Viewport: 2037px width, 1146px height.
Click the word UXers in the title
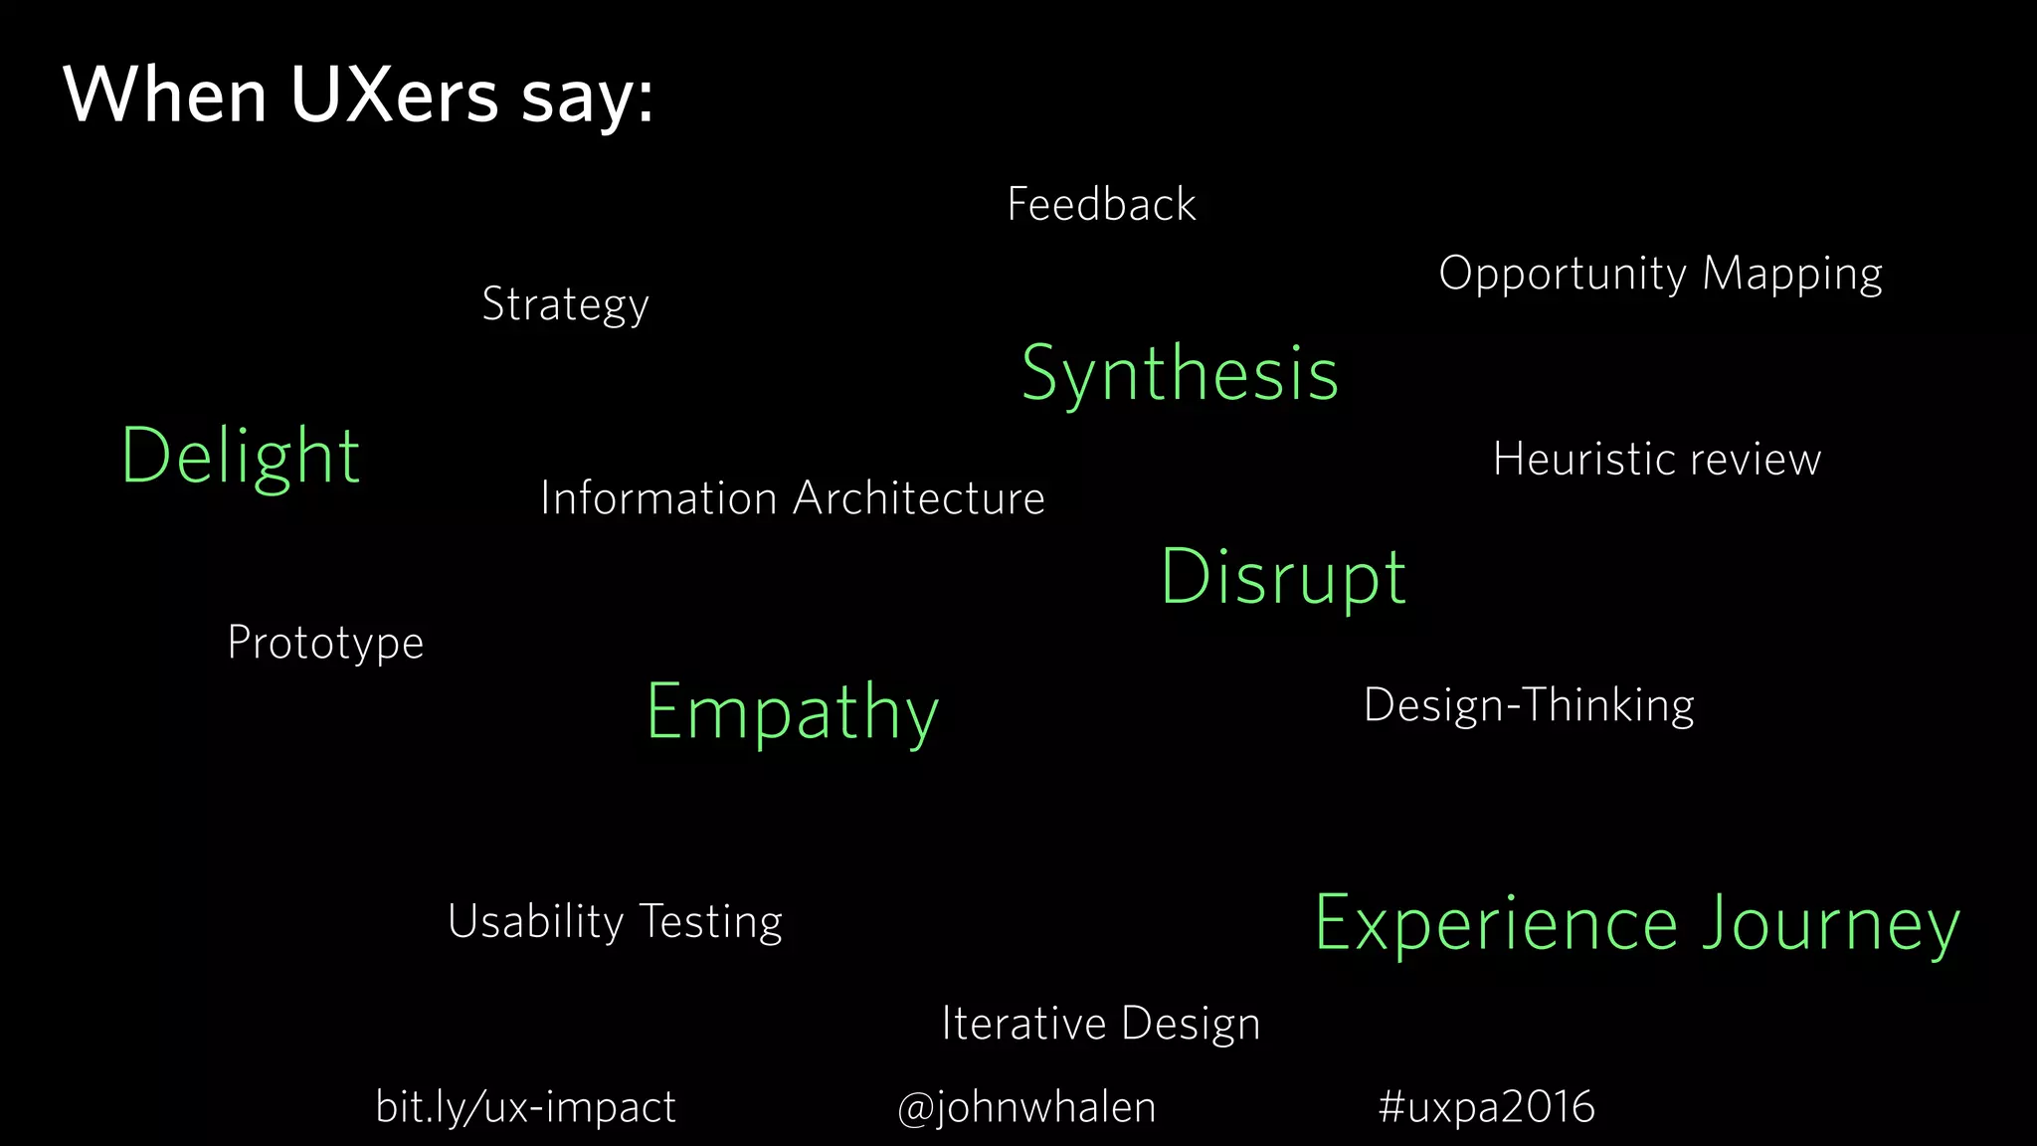coord(394,96)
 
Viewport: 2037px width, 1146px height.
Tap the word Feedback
coord(1101,205)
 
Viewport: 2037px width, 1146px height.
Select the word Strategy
coord(565,304)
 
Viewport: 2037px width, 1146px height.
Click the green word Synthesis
coord(1180,375)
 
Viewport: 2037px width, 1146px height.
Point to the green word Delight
coord(240,457)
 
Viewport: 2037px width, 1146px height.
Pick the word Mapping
coord(1792,275)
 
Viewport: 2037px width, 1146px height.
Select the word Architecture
coord(918,498)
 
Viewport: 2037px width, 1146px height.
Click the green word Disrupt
coord(1283,578)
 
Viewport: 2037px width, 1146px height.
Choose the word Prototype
coord(325,644)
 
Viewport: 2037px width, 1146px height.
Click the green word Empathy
coord(792,713)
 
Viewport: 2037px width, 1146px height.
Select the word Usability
coord(535,922)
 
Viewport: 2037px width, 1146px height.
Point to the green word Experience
coord(1497,924)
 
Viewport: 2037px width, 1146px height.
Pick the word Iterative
coord(1023,1024)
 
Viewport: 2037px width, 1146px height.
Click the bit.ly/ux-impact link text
coord(525,1107)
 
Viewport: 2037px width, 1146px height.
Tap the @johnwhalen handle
coord(1026,1107)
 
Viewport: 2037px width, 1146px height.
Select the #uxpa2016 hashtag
coord(1486,1107)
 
